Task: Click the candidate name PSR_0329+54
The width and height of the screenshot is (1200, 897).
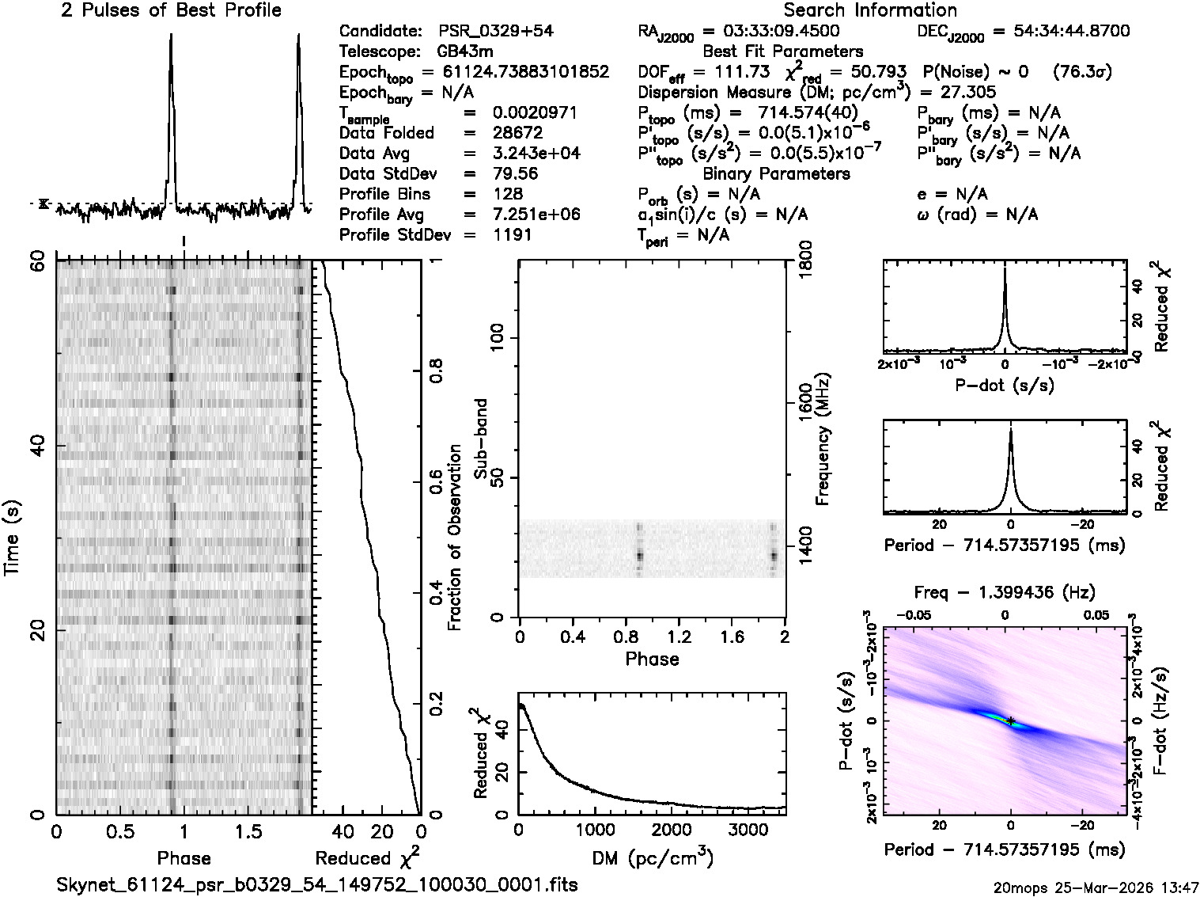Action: click(x=495, y=32)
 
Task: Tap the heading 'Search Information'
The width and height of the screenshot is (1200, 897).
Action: click(x=870, y=10)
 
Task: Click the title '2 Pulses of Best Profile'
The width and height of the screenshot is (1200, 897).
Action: click(x=171, y=10)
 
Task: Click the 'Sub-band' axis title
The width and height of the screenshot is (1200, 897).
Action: click(x=480, y=439)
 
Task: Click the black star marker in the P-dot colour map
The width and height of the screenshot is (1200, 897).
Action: click(x=1010, y=720)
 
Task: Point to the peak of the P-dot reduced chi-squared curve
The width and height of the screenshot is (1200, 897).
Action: click(x=1005, y=269)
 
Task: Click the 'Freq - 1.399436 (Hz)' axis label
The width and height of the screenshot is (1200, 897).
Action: click(x=1005, y=592)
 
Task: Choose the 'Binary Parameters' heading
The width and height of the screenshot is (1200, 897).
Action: click(x=776, y=173)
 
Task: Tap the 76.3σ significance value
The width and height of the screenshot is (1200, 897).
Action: click(x=1082, y=72)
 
